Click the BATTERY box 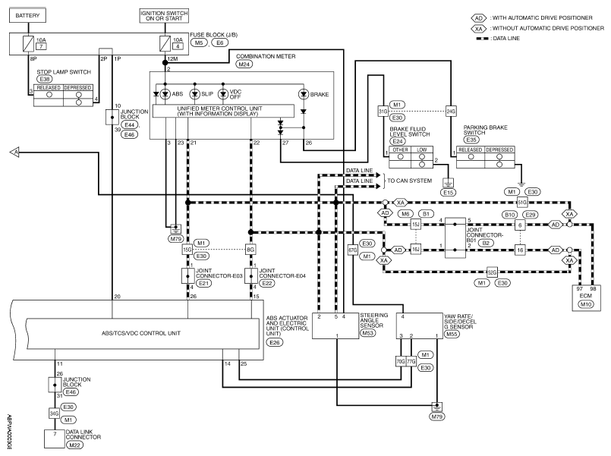27,15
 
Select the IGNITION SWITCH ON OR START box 164,16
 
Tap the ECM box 586,298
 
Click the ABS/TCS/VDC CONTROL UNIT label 140,333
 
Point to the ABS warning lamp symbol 165,94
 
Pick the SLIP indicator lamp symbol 195,94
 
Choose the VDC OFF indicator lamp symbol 223,94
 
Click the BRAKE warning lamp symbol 304,94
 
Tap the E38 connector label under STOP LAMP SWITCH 45,79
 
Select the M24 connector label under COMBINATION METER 244,64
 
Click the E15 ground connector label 448,193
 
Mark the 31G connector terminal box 383,112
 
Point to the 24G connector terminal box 451,112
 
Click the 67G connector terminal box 353,250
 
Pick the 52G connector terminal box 492,272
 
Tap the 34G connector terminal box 54,414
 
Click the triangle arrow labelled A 14,153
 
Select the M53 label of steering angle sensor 368,333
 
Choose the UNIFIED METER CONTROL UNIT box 223,111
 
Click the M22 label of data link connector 74,445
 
